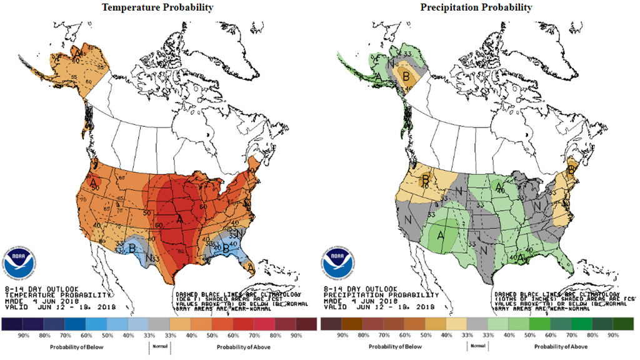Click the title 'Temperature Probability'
coord(157,7)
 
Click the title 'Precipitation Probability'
coord(476,7)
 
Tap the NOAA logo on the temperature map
coord(19,259)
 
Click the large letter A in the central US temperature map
coord(179,219)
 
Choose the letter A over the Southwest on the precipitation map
coord(441,235)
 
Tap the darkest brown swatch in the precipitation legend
coord(331,324)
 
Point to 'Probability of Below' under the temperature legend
coord(71,346)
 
